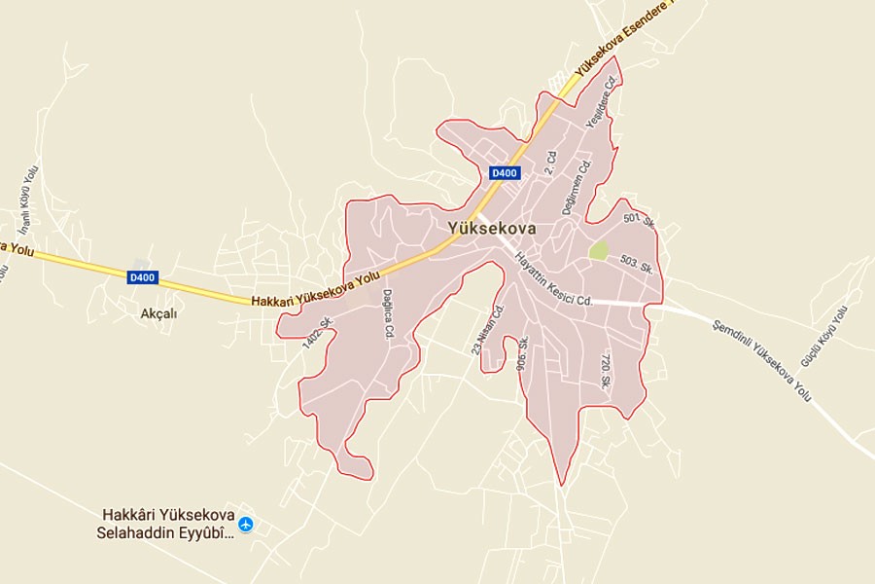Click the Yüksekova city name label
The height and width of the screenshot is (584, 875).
coord(493,227)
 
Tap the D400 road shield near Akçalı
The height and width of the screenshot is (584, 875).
coord(142,277)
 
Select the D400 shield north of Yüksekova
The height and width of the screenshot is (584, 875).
coord(505,173)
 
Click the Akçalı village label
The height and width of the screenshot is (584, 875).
coord(160,313)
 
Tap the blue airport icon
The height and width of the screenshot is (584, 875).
coord(245,524)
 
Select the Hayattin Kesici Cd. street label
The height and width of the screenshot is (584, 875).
coord(553,278)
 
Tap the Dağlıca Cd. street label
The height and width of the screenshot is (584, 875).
coord(388,314)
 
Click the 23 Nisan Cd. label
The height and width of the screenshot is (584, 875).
coord(490,330)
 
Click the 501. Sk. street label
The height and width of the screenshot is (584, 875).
coord(641,222)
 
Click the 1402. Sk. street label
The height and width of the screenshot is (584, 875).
coord(318,335)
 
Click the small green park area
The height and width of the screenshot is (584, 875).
coord(598,250)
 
